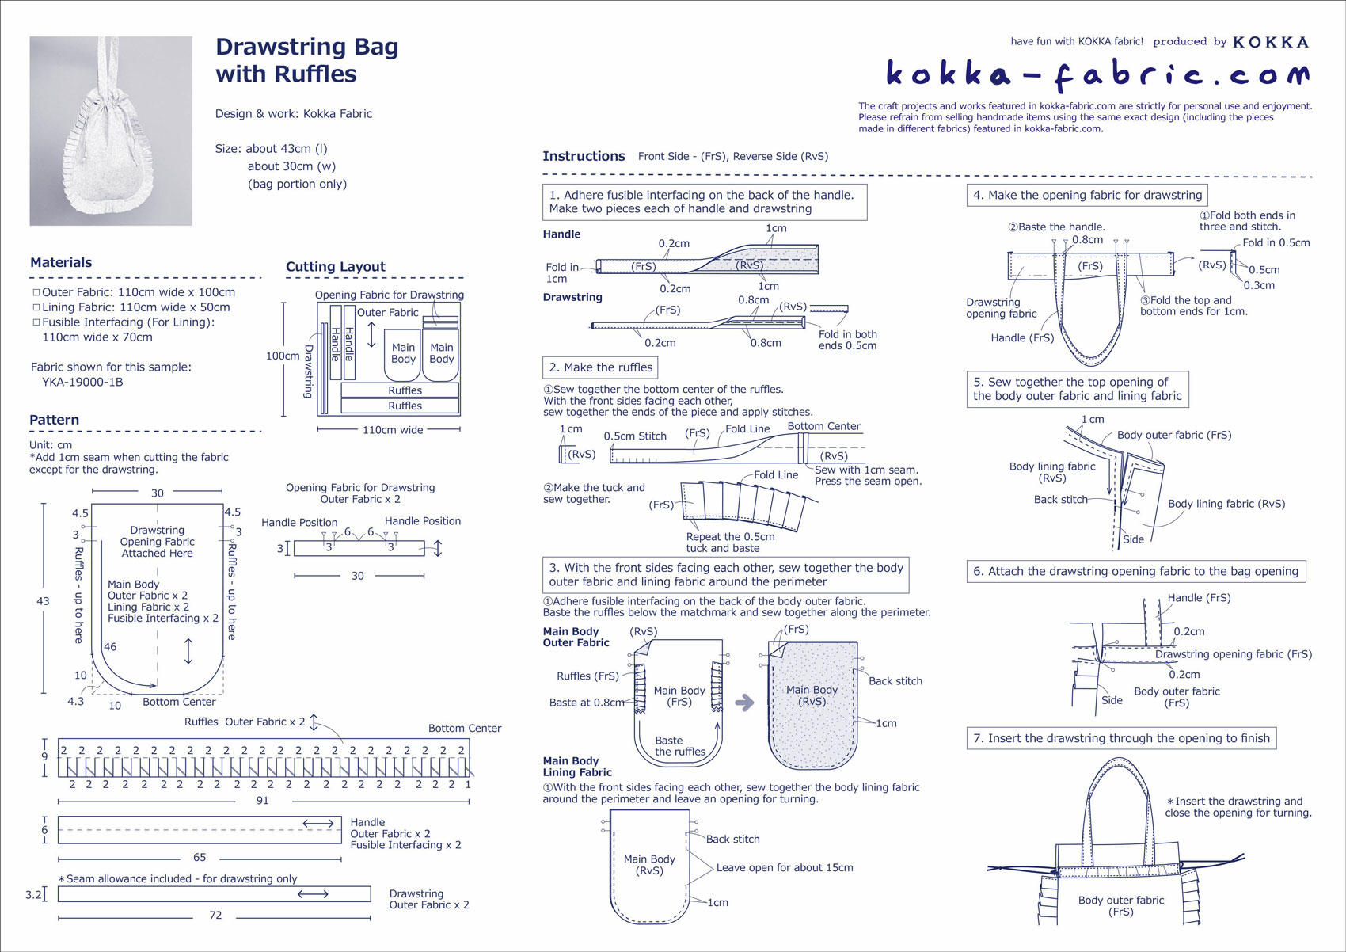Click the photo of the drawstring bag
111,131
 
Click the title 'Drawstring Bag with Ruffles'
306,60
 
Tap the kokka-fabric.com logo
1097,74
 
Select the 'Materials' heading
61,263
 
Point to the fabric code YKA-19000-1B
82,382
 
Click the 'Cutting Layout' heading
335,267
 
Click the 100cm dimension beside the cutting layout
282,356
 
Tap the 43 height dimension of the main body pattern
44,601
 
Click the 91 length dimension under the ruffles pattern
262,801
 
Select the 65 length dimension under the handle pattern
200,857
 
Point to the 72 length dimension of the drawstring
215,916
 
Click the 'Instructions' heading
584,156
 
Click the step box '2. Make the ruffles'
600,367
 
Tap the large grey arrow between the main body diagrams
744,703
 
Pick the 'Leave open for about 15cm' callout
785,868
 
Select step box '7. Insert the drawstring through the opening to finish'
1121,738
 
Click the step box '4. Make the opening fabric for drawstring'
1087,196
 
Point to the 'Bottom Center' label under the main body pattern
179,702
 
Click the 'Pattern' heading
55,420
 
